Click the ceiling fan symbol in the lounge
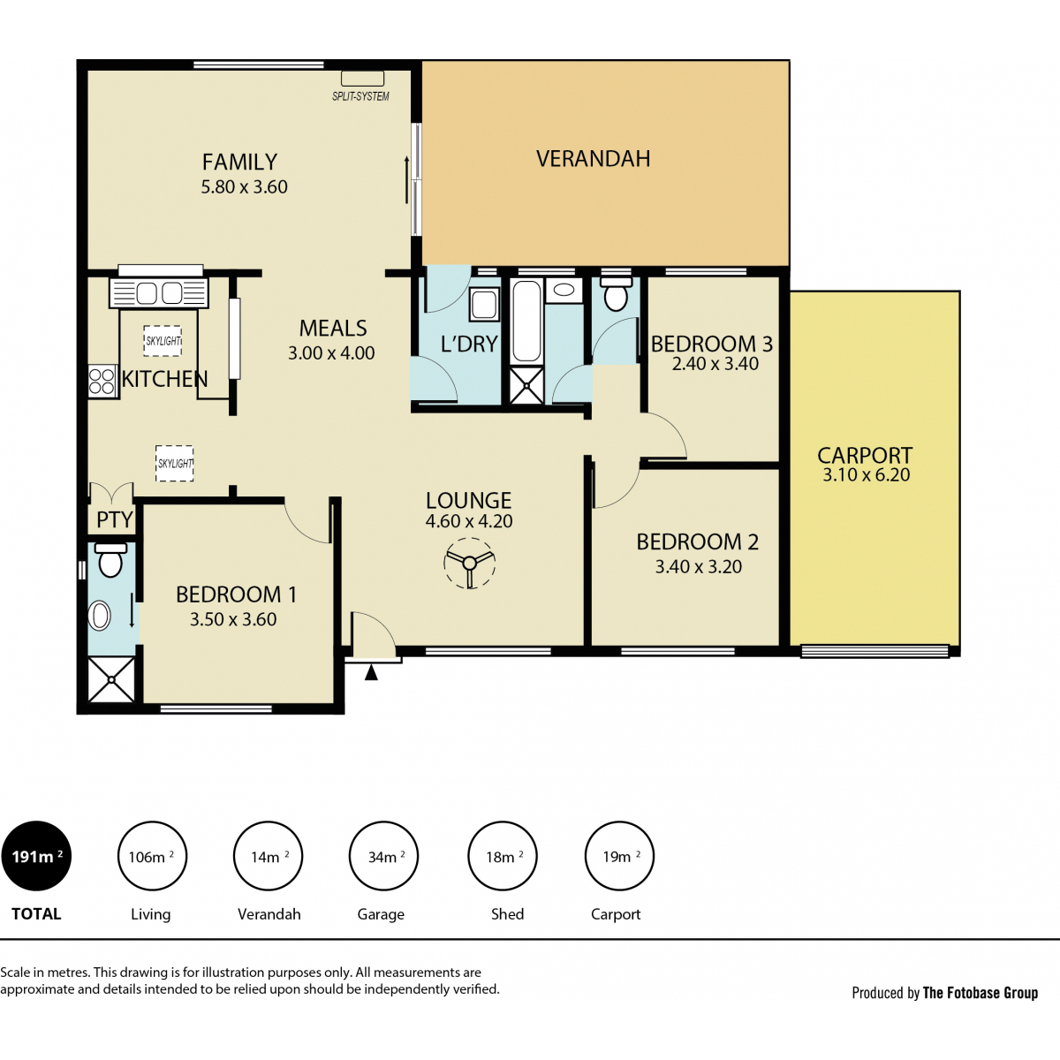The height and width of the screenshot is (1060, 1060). point(469,564)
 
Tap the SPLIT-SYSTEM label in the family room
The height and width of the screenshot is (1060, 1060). point(360,96)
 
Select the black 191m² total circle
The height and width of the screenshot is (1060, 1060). point(36,856)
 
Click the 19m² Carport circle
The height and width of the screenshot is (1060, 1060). point(619,856)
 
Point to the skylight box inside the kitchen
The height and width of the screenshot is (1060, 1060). point(163,341)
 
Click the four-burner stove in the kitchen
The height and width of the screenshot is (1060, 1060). point(102,381)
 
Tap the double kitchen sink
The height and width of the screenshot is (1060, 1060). point(159,293)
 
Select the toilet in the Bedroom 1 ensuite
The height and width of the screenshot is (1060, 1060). point(110,559)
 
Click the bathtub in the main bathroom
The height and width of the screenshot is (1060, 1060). point(526,322)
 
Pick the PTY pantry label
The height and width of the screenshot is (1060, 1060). point(115,519)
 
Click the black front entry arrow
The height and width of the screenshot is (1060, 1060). point(371,672)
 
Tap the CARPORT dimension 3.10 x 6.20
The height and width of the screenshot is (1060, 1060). point(866,474)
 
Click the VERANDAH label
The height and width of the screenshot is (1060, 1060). point(593,158)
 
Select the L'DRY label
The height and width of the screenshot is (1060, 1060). point(469,344)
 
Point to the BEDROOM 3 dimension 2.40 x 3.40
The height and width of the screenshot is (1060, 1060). point(715,364)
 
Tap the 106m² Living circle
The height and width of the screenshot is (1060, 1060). point(152,856)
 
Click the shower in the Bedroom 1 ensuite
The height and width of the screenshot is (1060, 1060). point(111,679)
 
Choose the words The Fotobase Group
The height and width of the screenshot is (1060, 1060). point(980,992)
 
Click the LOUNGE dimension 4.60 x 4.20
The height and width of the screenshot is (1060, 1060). point(469,521)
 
